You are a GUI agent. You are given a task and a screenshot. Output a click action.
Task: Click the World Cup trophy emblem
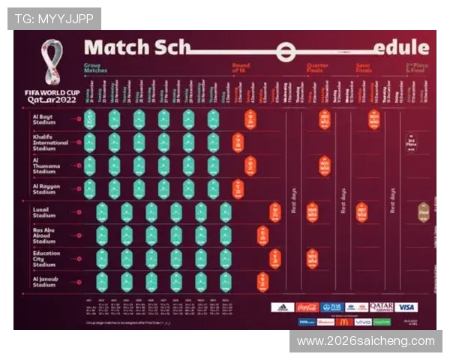coord(52,64)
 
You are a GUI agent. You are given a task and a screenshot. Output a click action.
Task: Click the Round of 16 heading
coord(241,68)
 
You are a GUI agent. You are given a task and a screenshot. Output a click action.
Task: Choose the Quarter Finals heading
coord(317,68)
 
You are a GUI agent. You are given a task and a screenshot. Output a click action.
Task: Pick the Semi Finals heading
coord(364,68)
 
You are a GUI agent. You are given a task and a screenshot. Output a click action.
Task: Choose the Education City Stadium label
coord(46,259)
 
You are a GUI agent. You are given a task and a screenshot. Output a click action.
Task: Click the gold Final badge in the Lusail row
coord(424,212)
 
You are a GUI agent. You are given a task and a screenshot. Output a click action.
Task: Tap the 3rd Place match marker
coord(412,142)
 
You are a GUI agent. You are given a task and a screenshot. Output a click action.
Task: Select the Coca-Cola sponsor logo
coord(307,307)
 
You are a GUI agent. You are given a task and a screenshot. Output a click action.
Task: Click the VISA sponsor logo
coord(406,307)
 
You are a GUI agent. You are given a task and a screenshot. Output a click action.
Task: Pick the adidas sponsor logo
coord(283,307)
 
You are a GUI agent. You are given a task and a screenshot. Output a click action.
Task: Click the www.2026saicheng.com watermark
coord(365,341)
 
